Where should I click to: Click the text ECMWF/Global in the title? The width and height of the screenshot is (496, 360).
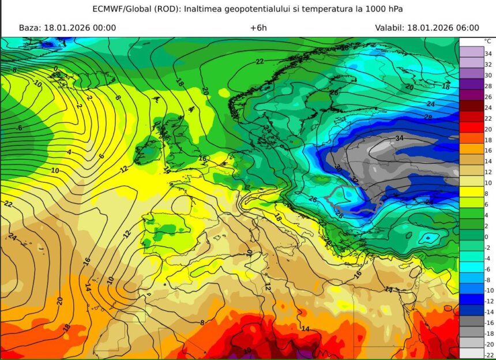[118, 9]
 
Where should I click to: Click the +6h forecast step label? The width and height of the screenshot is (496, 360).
[258, 28]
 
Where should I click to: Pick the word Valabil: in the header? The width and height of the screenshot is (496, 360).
[389, 28]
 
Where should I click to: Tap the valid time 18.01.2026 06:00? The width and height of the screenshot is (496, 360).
[443, 28]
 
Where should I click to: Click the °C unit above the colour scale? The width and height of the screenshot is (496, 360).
[487, 42]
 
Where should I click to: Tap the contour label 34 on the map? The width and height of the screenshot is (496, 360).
[400, 138]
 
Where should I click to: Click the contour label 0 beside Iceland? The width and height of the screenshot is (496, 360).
[56, 69]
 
